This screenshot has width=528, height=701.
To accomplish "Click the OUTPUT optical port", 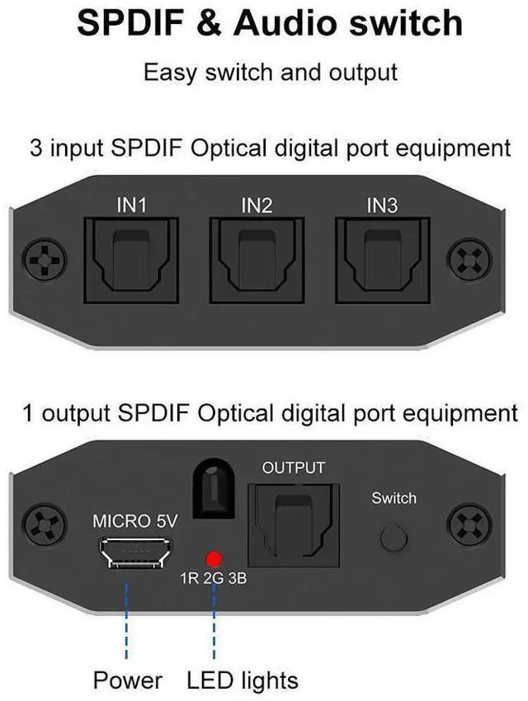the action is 293,520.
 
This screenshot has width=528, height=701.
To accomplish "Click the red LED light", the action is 214,558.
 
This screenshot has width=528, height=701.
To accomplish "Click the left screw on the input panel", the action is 44,260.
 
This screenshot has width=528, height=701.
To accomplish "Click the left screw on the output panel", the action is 44,525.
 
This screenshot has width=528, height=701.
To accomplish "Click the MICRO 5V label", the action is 135,521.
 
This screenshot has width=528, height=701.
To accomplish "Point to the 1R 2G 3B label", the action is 213,579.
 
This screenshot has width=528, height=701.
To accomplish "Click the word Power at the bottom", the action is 127,680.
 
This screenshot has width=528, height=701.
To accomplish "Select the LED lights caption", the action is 243,680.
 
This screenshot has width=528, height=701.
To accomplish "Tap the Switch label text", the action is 394,498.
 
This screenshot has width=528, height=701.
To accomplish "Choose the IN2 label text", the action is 257,205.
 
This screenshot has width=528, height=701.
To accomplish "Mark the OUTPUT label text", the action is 294,468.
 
